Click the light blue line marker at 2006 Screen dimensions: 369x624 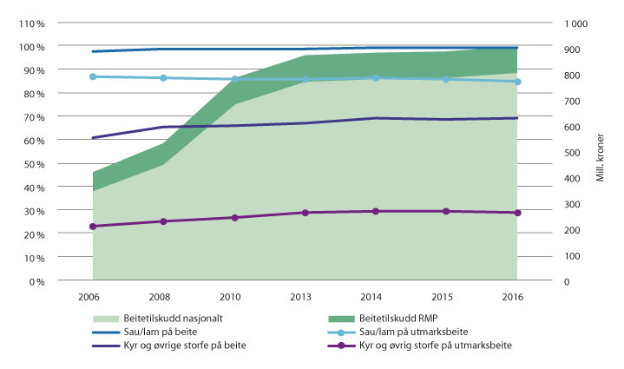click(92, 76)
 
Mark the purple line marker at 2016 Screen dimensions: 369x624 click(517, 213)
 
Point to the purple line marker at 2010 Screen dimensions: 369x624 click(234, 217)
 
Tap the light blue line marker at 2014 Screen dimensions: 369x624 click(376, 78)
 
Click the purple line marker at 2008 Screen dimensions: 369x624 click(163, 221)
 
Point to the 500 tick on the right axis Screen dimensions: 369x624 click(574, 153)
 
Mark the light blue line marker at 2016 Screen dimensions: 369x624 click(517, 82)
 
